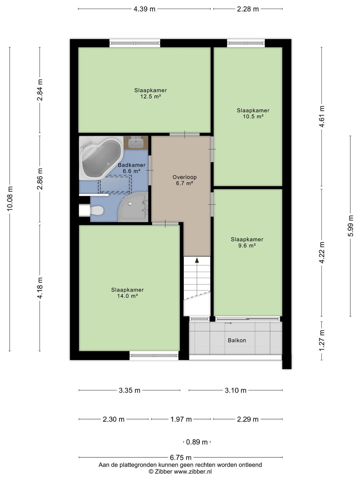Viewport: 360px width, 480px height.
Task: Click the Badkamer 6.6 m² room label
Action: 132,168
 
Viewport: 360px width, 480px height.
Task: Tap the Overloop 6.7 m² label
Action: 184,180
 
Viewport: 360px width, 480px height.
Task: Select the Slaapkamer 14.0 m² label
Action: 127,293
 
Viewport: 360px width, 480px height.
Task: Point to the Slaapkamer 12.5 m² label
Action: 151,93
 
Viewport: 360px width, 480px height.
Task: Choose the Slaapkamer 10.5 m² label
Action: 253,113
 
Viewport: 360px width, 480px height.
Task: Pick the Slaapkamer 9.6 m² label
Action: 247,242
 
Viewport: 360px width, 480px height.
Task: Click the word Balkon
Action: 237,340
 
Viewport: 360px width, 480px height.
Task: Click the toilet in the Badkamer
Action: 97,210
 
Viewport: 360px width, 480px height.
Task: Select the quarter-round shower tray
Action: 134,207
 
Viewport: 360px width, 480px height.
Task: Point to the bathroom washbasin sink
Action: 136,143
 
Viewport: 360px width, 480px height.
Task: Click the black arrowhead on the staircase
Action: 197,260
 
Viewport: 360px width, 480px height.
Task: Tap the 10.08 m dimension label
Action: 10,199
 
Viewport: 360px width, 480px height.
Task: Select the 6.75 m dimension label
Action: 181,457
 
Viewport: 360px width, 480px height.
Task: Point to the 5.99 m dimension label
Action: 350,226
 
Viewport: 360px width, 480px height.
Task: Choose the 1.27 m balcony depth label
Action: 322,340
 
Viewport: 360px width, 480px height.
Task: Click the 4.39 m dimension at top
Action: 144,9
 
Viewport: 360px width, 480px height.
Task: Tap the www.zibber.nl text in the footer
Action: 193,471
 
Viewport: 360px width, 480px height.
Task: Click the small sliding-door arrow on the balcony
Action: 228,323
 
